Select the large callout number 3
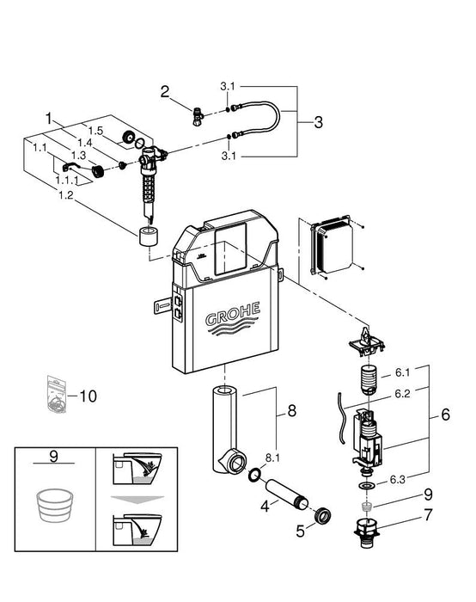tap(318, 122)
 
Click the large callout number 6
tap(445, 415)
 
